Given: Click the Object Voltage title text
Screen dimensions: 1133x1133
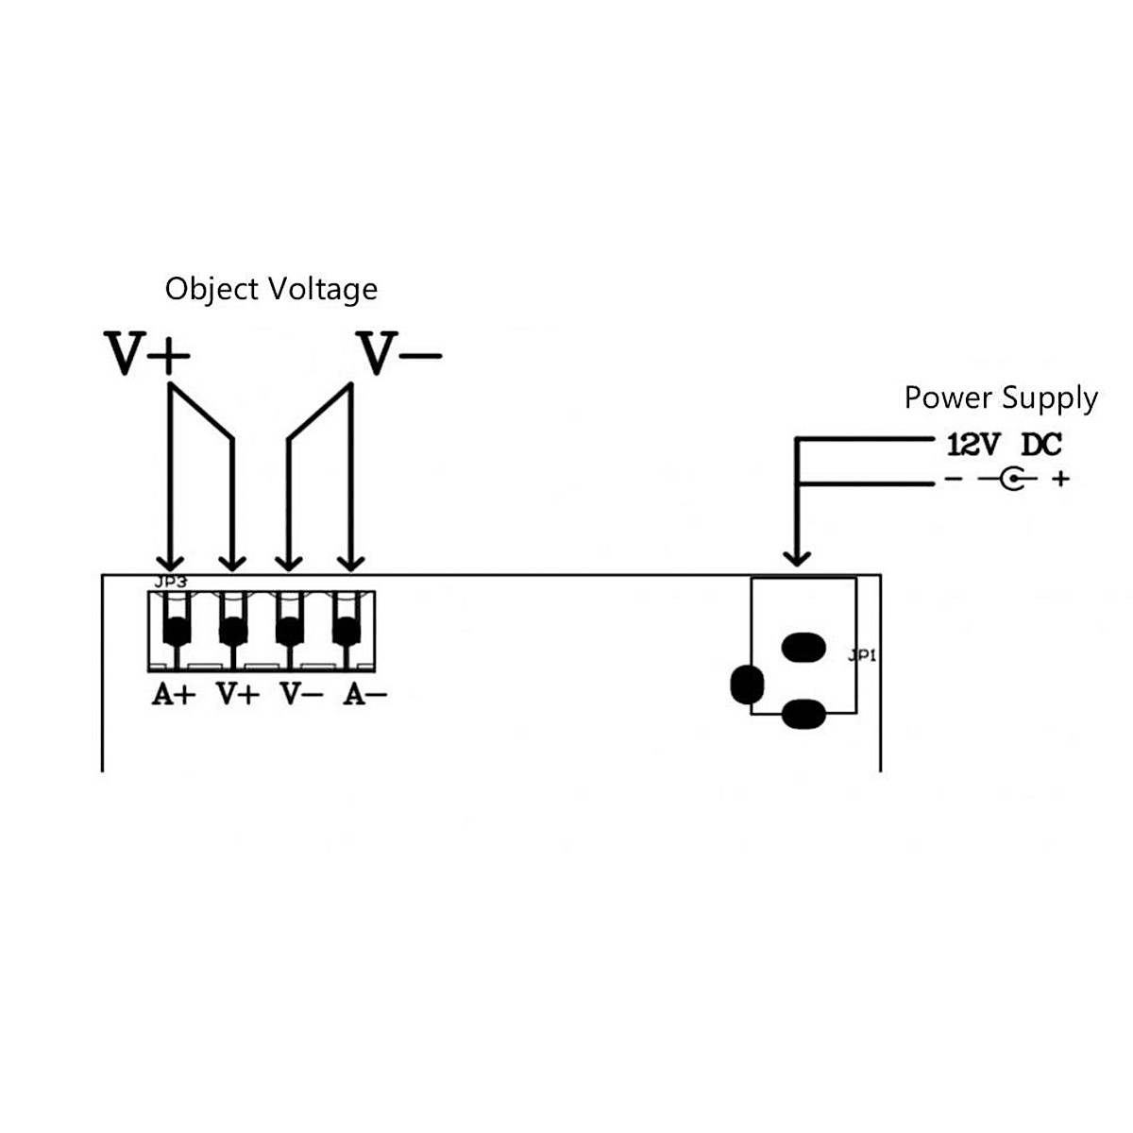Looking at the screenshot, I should point(271,289).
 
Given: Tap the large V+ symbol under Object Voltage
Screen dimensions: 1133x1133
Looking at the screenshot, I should point(146,354).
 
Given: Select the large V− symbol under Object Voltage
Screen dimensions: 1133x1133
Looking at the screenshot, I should point(397,354).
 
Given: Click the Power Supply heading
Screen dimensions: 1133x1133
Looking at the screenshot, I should point(1001,397).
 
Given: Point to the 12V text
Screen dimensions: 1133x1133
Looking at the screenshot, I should point(972,445).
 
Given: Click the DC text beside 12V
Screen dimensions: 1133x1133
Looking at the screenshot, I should point(1041,445).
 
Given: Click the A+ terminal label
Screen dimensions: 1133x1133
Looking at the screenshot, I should point(174,695).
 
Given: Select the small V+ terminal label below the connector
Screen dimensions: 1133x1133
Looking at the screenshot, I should point(237,695).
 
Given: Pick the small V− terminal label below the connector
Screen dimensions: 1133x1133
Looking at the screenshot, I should point(301,695).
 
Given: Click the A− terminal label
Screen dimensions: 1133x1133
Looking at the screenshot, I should point(364,695).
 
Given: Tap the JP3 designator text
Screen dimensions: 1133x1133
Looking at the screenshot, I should point(171,583).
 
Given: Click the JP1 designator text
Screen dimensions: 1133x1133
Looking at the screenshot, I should point(862,654).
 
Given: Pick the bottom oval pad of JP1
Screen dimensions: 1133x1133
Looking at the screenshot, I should point(803,715).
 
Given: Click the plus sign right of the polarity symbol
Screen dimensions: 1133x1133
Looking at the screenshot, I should point(1061,480).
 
